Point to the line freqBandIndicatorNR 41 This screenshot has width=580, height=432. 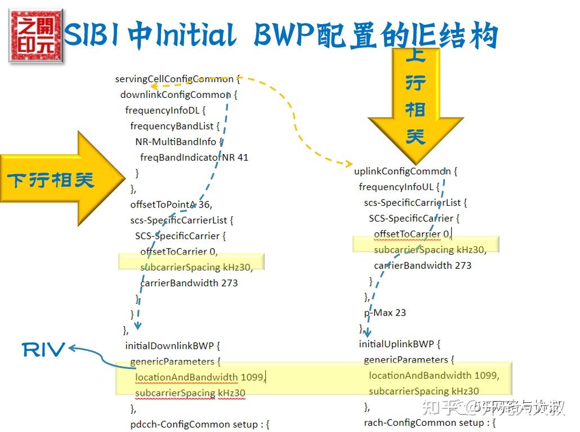tap(194, 157)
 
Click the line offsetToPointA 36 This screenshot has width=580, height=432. tap(171, 205)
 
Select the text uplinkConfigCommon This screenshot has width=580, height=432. tap(403, 171)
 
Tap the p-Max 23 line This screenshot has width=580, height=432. tap(385, 313)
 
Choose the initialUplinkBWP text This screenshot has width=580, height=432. tap(396, 344)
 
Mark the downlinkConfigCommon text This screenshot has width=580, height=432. tap(176, 95)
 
